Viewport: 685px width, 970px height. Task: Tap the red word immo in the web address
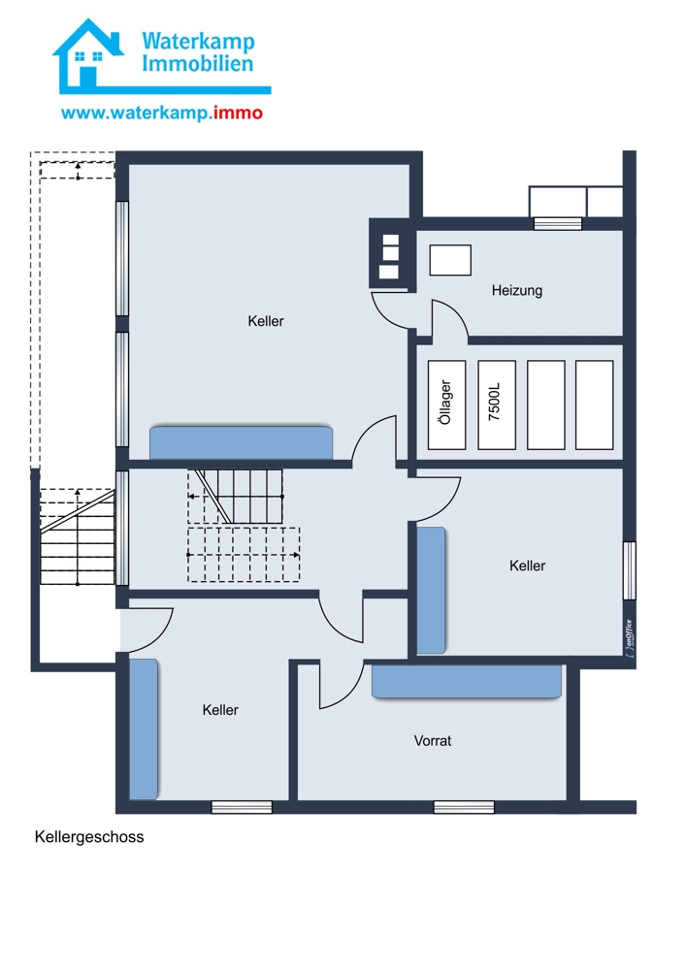click(239, 113)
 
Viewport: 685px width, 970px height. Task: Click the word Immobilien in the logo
click(197, 64)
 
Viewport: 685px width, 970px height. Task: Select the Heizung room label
click(517, 290)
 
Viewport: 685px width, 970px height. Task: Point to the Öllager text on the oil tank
click(445, 403)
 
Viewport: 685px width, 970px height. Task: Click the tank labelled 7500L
click(496, 405)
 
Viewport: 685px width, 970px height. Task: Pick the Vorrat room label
click(433, 740)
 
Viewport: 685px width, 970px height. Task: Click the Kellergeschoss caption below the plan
click(89, 837)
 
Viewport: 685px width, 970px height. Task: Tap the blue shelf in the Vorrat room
click(467, 681)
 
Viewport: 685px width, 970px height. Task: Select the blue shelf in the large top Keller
click(242, 442)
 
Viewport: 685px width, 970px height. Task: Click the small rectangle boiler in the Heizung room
click(450, 260)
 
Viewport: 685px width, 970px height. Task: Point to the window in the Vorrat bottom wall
click(464, 807)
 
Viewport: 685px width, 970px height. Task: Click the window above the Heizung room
click(558, 223)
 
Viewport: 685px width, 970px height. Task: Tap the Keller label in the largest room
click(266, 321)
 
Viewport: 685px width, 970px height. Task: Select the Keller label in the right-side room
click(527, 566)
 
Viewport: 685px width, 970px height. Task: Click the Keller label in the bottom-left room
click(220, 710)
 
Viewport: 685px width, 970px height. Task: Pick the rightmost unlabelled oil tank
click(594, 405)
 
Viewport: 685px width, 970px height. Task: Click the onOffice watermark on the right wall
click(630, 636)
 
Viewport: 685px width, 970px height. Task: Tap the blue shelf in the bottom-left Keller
click(144, 729)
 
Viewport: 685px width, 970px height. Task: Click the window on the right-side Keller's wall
click(630, 570)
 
